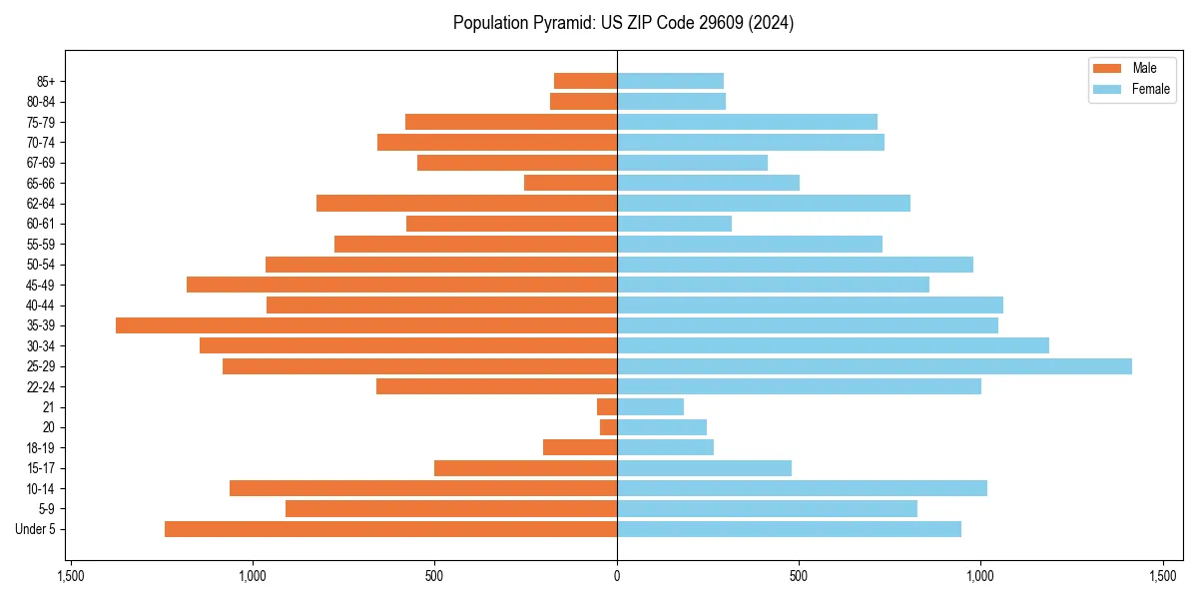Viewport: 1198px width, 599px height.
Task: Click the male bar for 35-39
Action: (x=366, y=325)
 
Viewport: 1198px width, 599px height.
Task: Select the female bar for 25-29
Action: (x=875, y=366)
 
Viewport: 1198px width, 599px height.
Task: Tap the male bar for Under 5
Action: (x=390, y=529)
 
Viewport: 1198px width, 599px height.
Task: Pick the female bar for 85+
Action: (x=670, y=81)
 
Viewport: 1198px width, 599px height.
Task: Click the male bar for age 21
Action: (x=607, y=407)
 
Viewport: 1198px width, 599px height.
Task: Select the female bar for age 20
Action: (x=662, y=427)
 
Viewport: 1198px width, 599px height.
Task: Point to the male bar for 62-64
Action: (x=466, y=204)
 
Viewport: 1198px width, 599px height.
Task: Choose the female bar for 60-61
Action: (x=674, y=224)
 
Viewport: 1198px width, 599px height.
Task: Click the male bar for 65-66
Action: (x=570, y=183)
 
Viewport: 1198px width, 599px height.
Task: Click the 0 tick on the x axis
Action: (x=617, y=576)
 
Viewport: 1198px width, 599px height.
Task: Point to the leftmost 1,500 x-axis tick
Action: (x=70, y=576)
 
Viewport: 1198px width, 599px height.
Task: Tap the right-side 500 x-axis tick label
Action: (x=798, y=576)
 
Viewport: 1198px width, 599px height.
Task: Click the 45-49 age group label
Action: (x=41, y=286)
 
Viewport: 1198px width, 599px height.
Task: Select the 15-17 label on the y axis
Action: (x=41, y=468)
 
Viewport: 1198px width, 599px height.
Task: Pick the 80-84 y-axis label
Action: (x=41, y=102)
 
